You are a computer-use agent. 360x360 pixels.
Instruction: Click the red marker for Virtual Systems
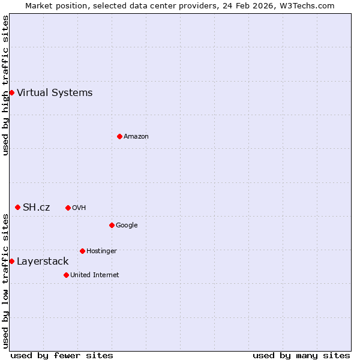pyautogui.click(x=11, y=92)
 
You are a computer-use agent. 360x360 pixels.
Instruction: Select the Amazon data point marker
pyautogui.click(x=119, y=136)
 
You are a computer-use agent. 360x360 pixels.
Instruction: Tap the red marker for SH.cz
pyautogui.click(x=17, y=207)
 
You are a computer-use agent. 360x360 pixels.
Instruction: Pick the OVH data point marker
pyautogui.click(x=68, y=208)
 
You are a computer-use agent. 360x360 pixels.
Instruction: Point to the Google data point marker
pyautogui.click(x=112, y=225)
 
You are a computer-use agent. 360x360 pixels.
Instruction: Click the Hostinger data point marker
pyautogui.click(x=82, y=251)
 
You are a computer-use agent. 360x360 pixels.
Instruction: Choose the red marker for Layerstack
pyautogui.click(x=11, y=261)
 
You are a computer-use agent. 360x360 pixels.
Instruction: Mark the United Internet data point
pyautogui.click(x=66, y=275)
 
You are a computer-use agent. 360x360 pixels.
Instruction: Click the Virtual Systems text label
pyautogui.click(x=55, y=92)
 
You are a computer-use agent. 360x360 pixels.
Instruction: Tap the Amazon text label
pyautogui.click(x=136, y=136)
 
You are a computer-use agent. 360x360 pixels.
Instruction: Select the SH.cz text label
pyautogui.click(x=36, y=207)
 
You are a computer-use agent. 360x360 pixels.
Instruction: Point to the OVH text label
pyautogui.click(x=79, y=208)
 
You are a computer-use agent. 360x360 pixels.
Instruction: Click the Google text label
pyautogui.click(x=127, y=225)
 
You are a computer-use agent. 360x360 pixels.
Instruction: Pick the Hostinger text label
pyautogui.click(x=101, y=251)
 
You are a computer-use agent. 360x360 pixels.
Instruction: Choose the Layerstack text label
pyautogui.click(x=43, y=261)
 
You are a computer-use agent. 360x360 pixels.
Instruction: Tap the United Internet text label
pyautogui.click(x=95, y=275)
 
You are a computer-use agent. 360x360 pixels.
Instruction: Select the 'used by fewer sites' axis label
pyautogui.click(x=62, y=355)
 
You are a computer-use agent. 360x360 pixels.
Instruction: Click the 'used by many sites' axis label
pyautogui.click(x=301, y=355)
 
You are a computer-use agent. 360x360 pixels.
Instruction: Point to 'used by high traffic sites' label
pyautogui.click(x=5, y=85)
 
